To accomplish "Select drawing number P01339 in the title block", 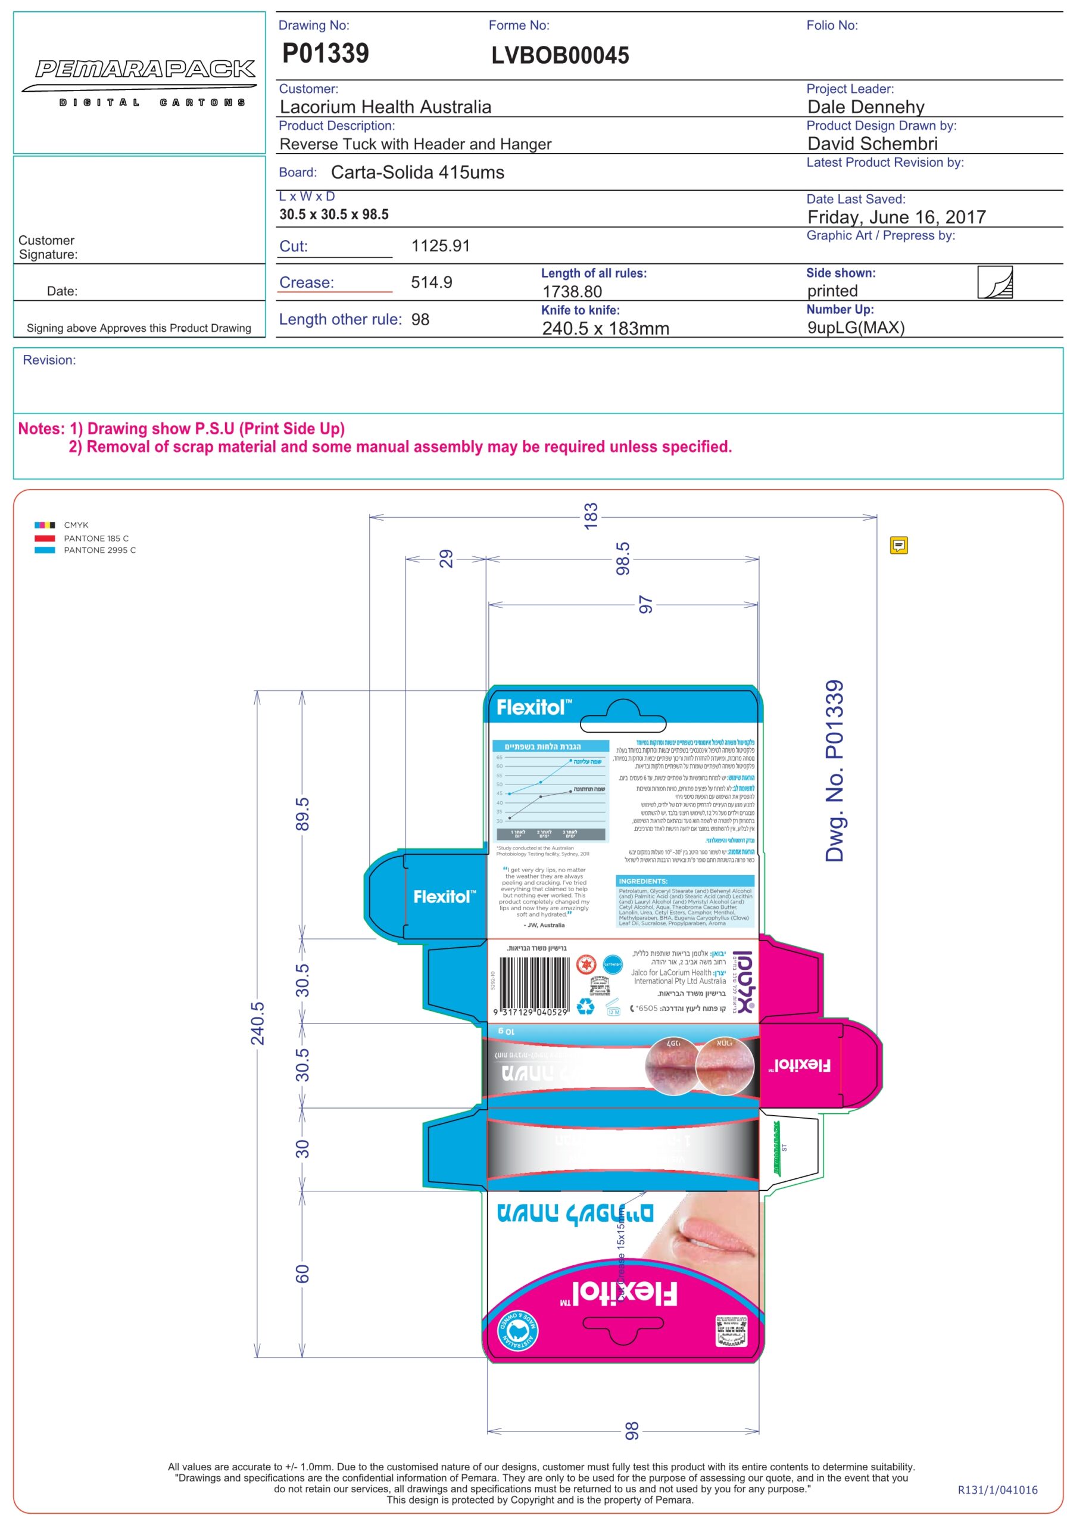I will coord(325,53).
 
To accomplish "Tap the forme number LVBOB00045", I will coord(559,56).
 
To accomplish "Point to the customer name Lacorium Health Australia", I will coord(385,107).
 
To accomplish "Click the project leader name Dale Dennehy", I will coord(865,107).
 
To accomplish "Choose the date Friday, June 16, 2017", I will coord(896,217).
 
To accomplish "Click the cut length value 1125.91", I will coord(439,246).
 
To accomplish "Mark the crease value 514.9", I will coord(431,282).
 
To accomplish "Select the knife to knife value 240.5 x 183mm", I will coord(605,328).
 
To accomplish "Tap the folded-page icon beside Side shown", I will coord(994,282).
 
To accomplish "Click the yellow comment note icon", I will coord(898,545).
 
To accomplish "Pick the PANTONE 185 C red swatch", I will coord(45,538).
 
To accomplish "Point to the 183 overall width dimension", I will coord(590,516).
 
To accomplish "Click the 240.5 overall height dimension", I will coord(257,1023).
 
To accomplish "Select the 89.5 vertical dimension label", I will coord(302,814).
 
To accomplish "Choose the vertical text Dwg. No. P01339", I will coord(834,770).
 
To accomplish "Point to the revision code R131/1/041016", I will coord(997,1490).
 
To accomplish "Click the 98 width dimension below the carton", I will coord(631,1431).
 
